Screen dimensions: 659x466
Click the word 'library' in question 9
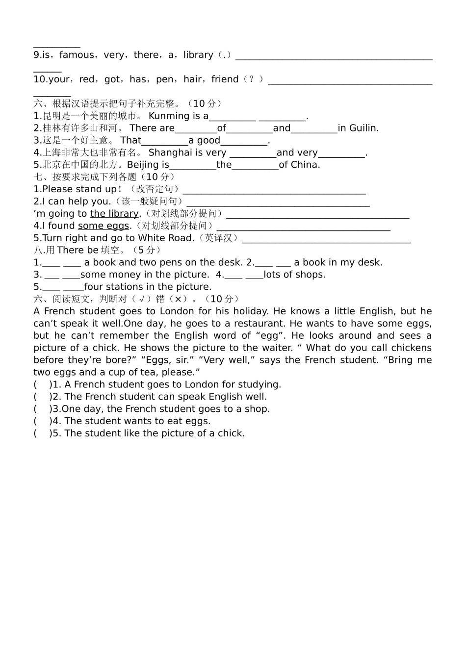click(x=198, y=55)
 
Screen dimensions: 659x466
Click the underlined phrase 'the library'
click(x=114, y=214)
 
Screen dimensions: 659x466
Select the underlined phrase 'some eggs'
click(x=104, y=226)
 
